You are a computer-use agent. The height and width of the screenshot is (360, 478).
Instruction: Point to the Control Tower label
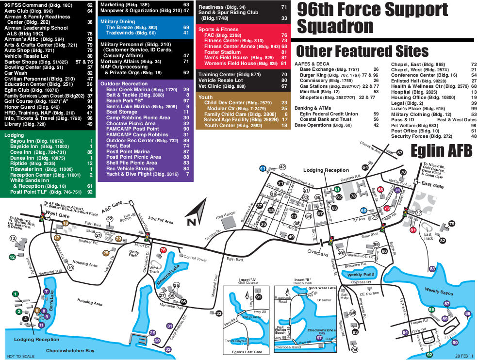[x=195, y=260]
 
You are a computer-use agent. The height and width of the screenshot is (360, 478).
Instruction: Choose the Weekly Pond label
[x=361, y=275]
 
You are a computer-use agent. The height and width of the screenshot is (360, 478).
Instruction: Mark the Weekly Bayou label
[x=439, y=292]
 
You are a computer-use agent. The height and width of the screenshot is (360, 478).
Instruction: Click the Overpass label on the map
[x=318, y=254]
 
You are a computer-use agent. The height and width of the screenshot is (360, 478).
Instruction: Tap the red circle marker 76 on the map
[x=163, y=250]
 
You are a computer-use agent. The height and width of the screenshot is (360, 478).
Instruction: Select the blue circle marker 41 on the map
[x=263, y=168]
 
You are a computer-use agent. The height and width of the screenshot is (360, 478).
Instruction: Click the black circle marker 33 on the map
[x=219, y=313]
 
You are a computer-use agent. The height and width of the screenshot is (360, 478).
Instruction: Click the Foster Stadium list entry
[x=223, y=52]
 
